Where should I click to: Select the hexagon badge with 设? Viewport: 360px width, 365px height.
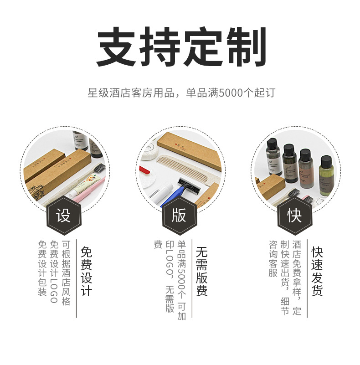point(63,216)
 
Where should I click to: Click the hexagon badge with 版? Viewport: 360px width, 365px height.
point(179,216)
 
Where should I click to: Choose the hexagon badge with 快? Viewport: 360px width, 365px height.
point(294,216)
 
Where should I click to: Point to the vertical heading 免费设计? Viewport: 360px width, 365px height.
point(86,272)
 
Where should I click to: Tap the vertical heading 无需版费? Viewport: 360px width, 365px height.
point(201,272)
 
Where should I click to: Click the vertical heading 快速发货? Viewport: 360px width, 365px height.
point(317,272)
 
